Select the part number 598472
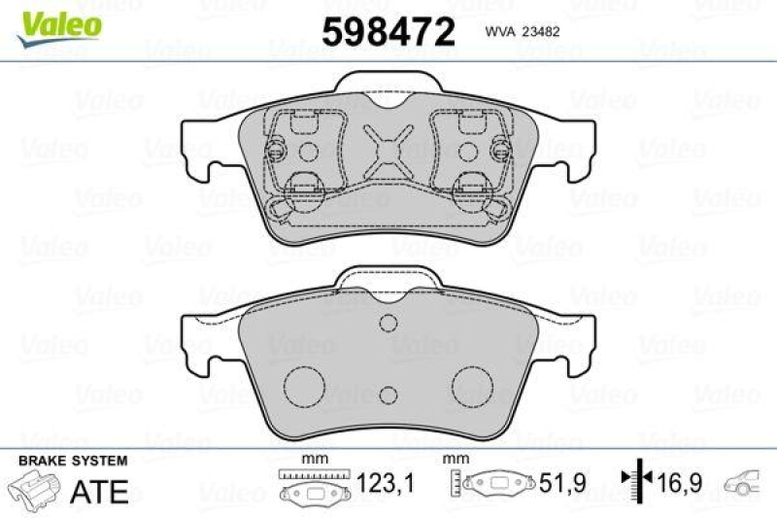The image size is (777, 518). click(x=388, y=33)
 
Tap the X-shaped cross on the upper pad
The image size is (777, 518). click(x=388, y=150)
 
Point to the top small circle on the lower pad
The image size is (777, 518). click(x=388, y=324)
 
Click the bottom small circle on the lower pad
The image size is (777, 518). click(x=388, y=394)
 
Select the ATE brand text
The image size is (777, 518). click(x=100, y=492)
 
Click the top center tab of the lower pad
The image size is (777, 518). click(x=388, y=279)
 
